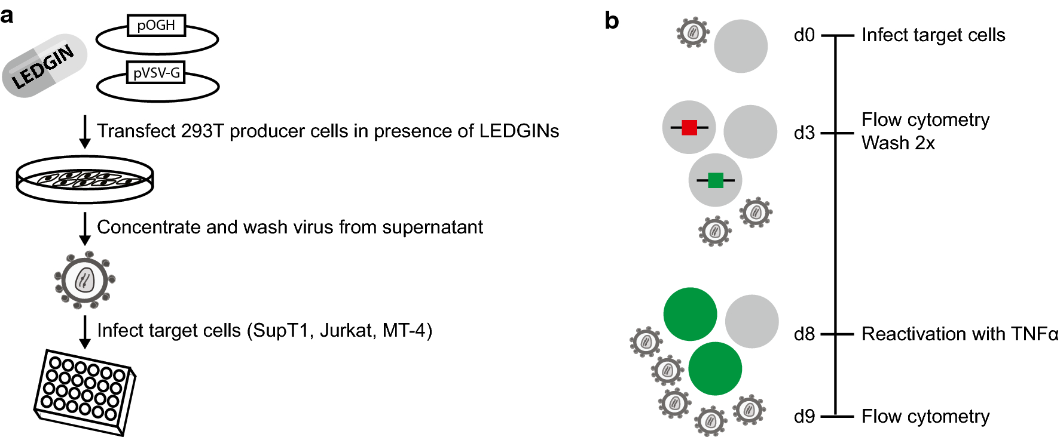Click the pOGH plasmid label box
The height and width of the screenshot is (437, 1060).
tap(156, 26)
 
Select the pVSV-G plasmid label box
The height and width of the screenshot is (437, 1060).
tap(156, 73)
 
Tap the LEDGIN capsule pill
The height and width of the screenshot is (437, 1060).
tap(45, 66)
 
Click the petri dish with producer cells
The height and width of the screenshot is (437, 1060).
tap(85, 179)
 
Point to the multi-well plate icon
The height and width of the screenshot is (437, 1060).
tap(84, 392)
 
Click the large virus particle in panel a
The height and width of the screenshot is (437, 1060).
tap(84, 280)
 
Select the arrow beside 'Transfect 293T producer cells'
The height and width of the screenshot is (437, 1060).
tap(85, 131)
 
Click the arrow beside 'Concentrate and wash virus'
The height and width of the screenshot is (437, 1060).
tap(85, 228)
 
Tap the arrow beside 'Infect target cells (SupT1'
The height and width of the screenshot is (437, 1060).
tap(85, 331)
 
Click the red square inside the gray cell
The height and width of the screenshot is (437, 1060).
tap(689, 127)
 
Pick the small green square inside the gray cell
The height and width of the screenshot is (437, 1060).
tap(715, 180)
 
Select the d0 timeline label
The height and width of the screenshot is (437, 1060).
tap(804, 35)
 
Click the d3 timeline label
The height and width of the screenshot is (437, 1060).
tap(804, 133)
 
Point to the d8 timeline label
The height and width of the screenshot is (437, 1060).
tap(804, 334)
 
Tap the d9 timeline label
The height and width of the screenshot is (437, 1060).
tap(804, 416)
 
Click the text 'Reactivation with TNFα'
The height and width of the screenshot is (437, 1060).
tap(960, 334)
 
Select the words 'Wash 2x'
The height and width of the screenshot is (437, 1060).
tap(898, 143)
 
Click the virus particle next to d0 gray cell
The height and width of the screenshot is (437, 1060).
tap(693, 32)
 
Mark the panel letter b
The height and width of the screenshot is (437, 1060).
tap(611, 21)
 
